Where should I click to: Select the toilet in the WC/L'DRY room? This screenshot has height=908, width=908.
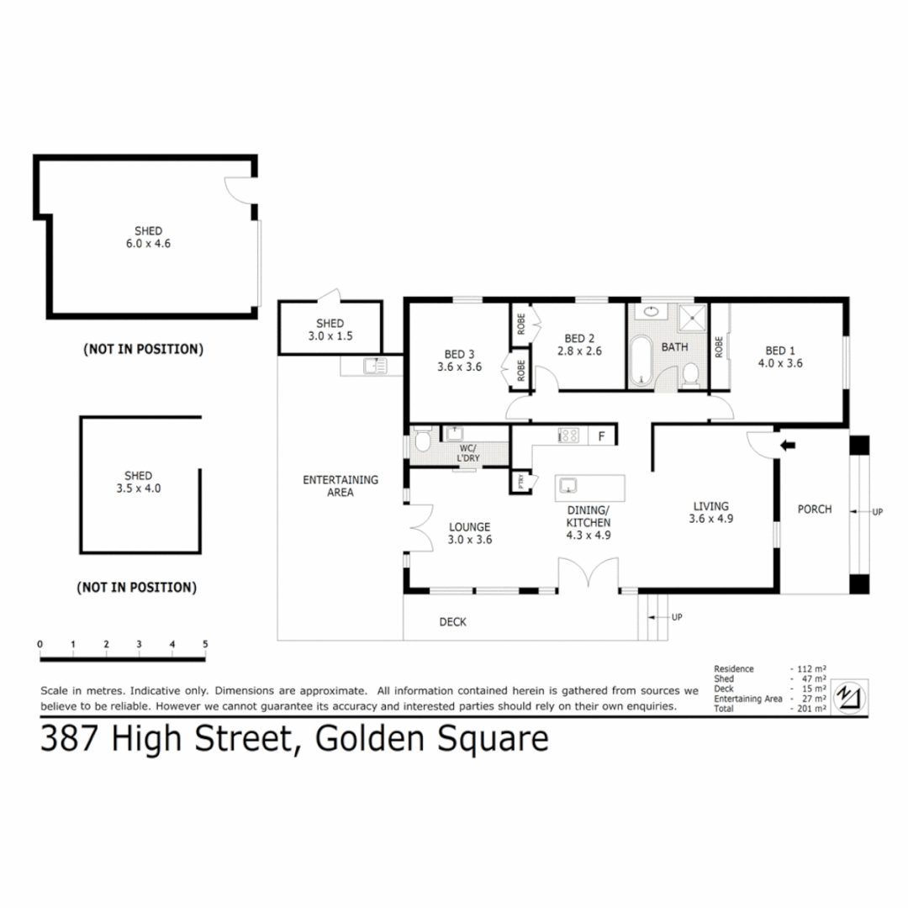[x=422, y=442]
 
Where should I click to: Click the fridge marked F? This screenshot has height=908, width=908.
[x=601, y=436]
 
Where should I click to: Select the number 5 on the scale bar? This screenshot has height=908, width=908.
[x=205, y=644]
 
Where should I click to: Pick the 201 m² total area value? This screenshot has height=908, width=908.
[x=813, y=709]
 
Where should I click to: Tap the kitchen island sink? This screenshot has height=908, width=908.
[x=569, y=485]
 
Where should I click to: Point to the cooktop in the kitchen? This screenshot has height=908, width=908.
[x=568, y=436]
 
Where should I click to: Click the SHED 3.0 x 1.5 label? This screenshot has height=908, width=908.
[x=330, y=330]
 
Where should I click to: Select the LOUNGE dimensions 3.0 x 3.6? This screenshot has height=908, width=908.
[x=470, y=540]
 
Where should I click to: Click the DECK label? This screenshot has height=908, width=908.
[x=452, y=622]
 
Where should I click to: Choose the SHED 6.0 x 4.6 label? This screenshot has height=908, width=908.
[x=148, y=237]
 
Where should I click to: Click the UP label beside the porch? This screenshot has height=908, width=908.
[x=878, y=510]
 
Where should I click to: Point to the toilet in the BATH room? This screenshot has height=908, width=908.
[x=691, y=376]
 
